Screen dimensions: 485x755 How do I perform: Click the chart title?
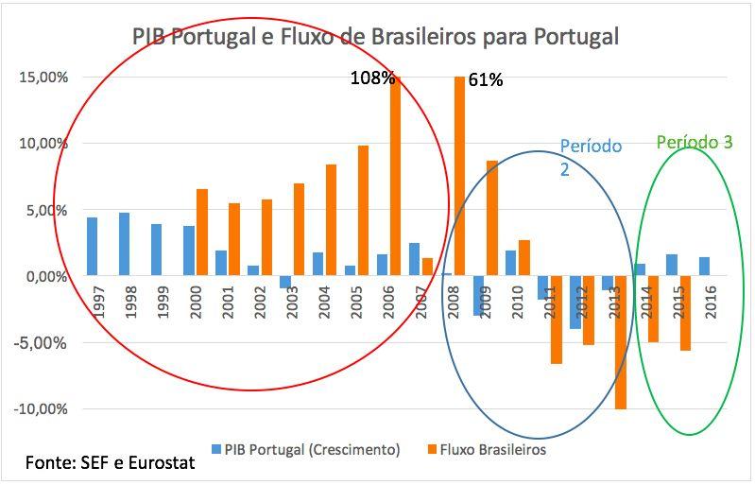click(x=376, y=38)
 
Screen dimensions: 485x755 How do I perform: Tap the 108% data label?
click(x=372, y=78)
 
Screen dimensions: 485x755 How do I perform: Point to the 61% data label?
click(x=486, y=80)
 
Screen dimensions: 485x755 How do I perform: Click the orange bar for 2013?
click(x=621, y=342)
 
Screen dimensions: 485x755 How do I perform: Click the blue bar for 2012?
click(x=575, y=303)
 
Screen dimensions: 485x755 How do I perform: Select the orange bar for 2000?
click(x=202, y=233)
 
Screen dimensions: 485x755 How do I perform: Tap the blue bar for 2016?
click(x=703, y=267)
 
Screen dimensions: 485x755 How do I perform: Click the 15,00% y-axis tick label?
click(x=43, y=78)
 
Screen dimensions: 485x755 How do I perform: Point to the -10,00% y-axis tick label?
click(x=41, y=409)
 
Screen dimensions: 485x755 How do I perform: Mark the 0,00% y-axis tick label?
click(x=44, y=276)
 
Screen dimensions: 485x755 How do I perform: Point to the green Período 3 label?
click(x=695, y=143)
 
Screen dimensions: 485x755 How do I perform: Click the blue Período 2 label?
click(x=591, y=156)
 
